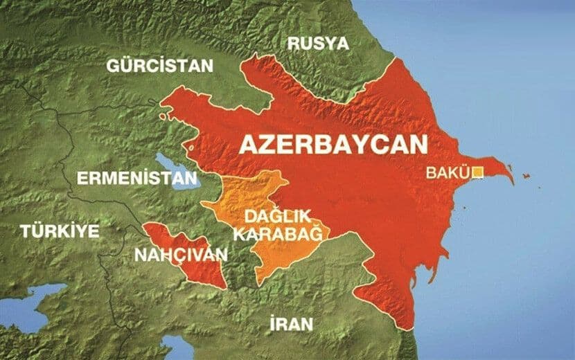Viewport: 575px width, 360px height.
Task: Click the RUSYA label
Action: click(318, 44)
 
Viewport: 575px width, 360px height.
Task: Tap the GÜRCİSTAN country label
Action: click(159, 66)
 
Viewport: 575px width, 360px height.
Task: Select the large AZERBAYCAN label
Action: click(333, 145)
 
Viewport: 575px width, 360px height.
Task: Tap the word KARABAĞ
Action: click(277, 233)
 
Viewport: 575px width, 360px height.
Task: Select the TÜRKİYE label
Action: click(60, 231)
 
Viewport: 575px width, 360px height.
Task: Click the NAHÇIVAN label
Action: click(181, 255)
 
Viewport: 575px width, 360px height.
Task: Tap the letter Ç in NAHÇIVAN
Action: click(182, 255)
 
